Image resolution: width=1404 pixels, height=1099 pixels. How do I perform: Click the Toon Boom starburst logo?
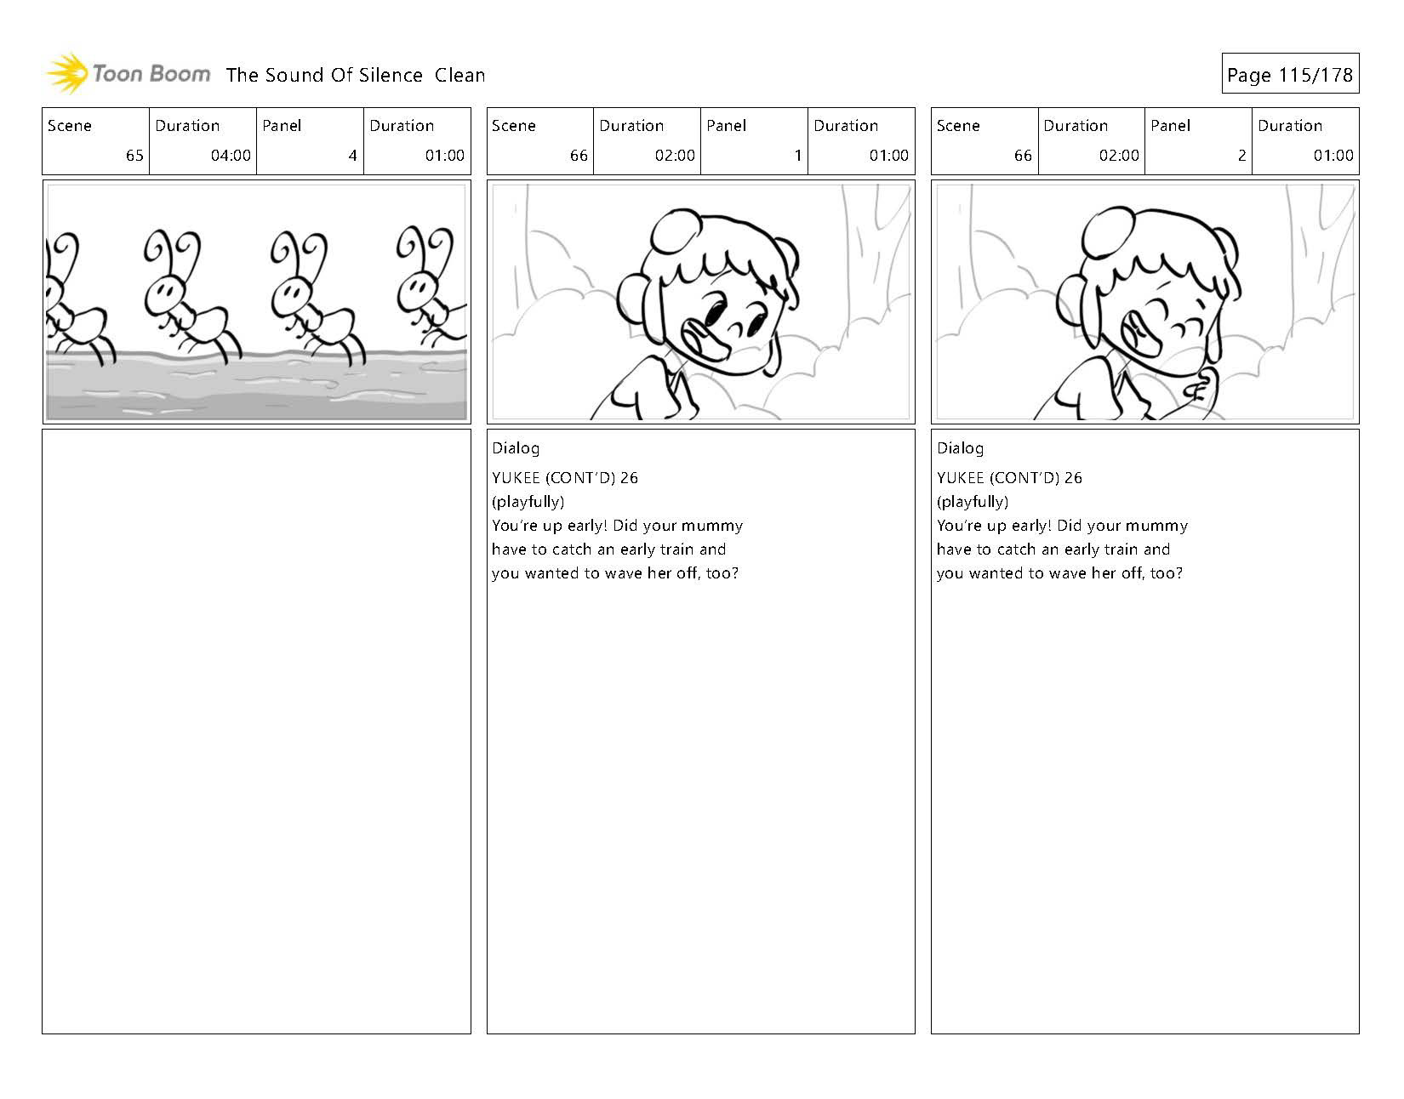67,73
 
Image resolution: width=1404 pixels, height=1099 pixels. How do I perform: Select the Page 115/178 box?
1290,74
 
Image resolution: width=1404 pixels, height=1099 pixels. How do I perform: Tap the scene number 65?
134,156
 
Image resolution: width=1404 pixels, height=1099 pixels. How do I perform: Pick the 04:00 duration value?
231,156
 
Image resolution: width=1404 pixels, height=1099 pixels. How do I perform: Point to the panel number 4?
352,156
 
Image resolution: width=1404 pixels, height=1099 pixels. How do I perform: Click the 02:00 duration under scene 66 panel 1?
675,156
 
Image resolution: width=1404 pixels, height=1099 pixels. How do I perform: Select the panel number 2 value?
1241,156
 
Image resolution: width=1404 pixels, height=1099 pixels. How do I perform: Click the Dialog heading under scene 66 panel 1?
515,449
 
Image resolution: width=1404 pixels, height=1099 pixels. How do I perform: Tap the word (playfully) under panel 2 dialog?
973,502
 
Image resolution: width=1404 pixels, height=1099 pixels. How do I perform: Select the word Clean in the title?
459,75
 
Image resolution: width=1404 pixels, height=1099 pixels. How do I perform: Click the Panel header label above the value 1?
726,126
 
